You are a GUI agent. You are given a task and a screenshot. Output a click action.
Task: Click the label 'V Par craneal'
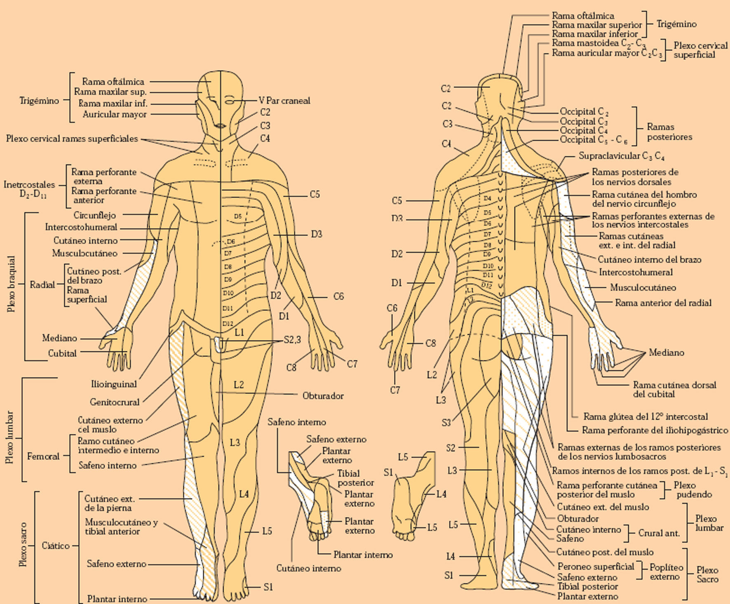284,101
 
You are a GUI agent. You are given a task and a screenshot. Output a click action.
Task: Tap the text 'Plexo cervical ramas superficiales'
72,139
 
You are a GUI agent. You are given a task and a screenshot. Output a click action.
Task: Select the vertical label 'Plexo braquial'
11,284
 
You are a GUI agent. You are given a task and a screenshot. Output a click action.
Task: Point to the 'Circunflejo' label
95,215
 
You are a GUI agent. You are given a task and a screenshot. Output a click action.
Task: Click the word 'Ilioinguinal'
114,384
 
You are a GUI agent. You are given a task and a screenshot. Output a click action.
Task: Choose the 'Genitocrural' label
115,402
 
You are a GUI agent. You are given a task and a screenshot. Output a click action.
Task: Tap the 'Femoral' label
43,456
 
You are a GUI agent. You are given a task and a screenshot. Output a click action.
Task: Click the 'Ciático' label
56,546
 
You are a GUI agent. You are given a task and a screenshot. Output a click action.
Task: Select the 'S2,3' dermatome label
292,340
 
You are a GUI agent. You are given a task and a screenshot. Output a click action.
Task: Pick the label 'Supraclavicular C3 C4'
621,156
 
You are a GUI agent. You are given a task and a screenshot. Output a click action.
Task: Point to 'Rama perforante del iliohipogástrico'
655,430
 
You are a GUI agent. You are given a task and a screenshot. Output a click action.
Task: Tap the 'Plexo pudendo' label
694,489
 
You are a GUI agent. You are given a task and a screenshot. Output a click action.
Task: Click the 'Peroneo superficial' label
596,566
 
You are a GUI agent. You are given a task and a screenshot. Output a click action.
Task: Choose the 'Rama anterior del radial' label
663,303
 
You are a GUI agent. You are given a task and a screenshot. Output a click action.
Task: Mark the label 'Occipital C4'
583,130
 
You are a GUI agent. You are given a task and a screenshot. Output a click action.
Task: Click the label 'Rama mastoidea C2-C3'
599,43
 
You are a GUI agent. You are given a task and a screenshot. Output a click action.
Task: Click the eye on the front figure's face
230,100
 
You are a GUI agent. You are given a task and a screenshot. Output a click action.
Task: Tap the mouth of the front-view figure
220,125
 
